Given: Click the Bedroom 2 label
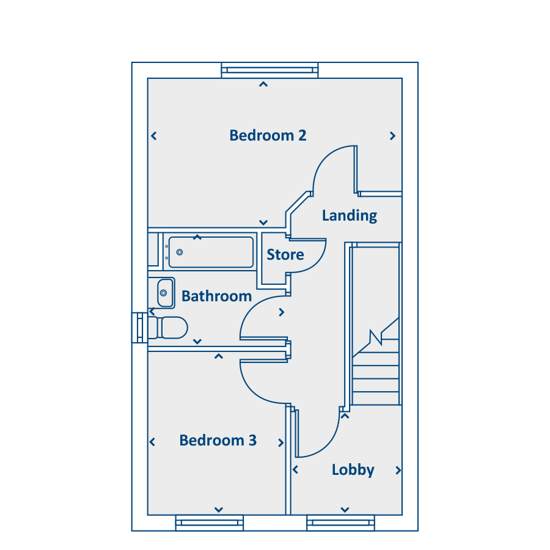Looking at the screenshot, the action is tap(268, 136).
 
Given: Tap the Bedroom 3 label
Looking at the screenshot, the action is tap(218, 440).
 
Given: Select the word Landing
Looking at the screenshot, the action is tap(350, 216).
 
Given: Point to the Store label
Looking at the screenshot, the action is tap(285, 255).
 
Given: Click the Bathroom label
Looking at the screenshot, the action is tap(216, 296).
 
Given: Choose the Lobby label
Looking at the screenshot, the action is tap(353, 470).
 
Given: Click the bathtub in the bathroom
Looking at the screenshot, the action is tap(211, 252).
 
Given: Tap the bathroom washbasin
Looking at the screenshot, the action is tap(165, 293).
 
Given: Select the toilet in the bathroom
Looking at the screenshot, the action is tap(168, 328).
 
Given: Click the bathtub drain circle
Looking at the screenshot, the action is tap(180, 252).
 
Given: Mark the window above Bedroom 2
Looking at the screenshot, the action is tap(269, 70).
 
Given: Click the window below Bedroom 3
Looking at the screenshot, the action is tap(210, 523).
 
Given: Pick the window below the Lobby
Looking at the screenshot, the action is tap(340, 523).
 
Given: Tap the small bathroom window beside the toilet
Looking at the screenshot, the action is tap(139, 328).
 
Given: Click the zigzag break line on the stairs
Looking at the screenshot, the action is tap(376, 337).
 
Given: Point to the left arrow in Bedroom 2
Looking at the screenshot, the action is tap(153, 136).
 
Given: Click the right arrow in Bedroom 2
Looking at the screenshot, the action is tap(392, 136).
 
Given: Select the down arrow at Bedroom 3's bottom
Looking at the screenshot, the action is tap(219, 510).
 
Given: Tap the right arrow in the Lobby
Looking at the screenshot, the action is tap(398, 471).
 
